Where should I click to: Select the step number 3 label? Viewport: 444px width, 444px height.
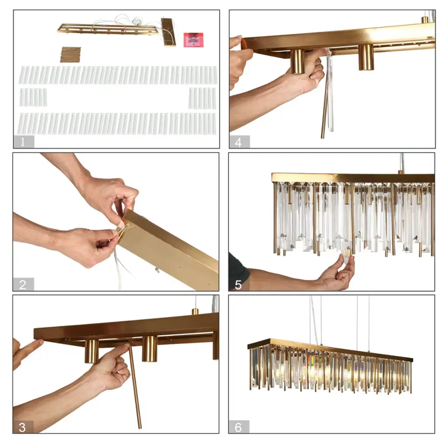coord(23,427)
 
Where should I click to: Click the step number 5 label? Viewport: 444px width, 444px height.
coord(238,285)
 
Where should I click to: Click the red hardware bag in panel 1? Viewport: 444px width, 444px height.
coord(193,39)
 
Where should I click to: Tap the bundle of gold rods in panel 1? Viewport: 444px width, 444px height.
coord(71,54)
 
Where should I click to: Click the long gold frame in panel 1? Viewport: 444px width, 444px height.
coord(108,30)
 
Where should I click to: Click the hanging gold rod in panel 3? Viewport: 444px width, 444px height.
coord(135,385)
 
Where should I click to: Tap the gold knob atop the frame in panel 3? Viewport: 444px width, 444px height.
coord(196,312)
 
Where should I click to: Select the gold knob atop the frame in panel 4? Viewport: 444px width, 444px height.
coord(424,20)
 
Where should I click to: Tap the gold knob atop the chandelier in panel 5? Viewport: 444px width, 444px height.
coord(401,172)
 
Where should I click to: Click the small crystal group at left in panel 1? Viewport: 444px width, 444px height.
coord(33,97)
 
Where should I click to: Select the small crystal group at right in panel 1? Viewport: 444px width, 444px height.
coord(202,98)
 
